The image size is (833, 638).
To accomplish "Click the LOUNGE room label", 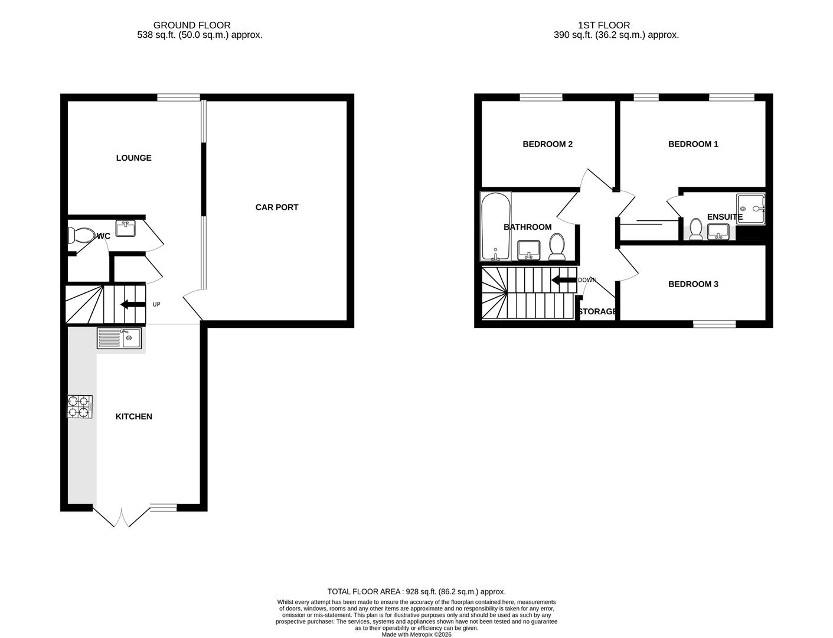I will coord(133,158).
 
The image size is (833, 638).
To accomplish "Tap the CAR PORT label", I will coord(276,207).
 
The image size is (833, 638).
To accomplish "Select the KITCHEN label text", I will coord(133,416).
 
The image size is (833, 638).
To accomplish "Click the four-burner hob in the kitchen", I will coord(80,406).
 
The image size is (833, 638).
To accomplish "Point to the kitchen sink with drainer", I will coord(119,338).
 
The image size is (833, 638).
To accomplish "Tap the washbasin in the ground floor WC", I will coord(125,228).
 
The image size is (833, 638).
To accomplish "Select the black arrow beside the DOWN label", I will coord(563,280).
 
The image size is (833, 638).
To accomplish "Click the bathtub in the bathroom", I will coord(495,227).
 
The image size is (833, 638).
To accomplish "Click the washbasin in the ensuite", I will coord(718,232).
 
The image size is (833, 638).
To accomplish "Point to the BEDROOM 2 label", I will coord(547,144).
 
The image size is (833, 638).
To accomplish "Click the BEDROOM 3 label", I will coord(692,284).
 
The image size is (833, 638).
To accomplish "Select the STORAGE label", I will coord(597,311).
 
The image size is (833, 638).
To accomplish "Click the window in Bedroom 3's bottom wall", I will coord(714,324).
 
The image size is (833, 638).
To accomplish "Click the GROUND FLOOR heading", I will coord(192,25).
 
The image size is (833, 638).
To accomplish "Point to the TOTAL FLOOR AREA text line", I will coord(416,591).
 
